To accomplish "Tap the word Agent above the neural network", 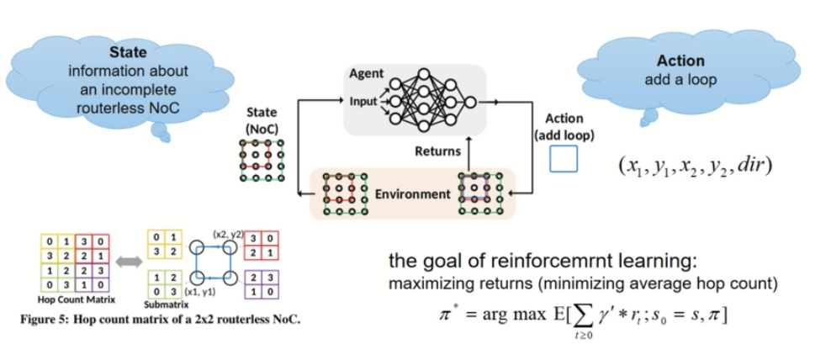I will point(367,75).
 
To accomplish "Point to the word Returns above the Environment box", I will point(437,152).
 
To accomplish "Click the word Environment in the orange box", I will point(411,194).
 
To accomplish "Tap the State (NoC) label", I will point(262,119).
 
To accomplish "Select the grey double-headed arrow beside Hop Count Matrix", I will point(130,262).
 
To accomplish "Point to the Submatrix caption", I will point(167,305).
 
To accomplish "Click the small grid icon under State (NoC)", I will point(262,160).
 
